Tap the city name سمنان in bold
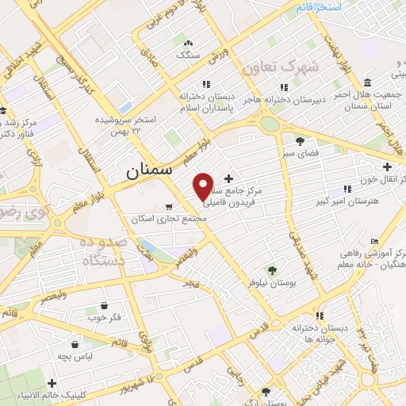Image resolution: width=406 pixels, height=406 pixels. (147, 170)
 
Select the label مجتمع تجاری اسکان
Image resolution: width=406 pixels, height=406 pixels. (164, 218)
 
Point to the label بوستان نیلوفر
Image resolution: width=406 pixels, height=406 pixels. (272, 282)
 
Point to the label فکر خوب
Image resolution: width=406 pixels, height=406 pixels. (105, 317)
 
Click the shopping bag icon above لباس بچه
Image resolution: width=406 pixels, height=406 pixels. (75, 345)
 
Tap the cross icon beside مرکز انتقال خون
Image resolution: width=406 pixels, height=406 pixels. (388, 167)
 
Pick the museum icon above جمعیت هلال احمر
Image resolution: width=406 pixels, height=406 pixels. (367, 83)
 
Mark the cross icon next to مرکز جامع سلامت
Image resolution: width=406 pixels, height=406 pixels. (229, 178)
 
